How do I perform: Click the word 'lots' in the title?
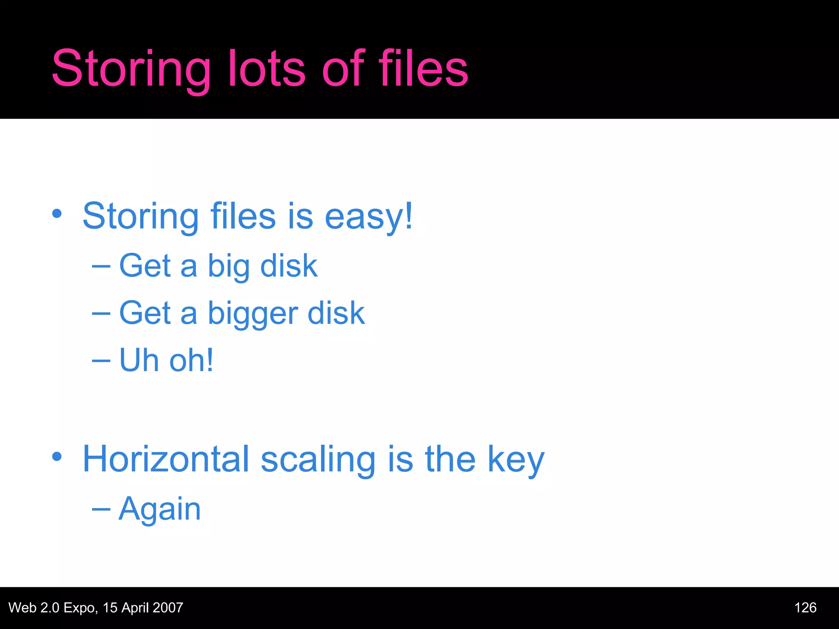(266, 69)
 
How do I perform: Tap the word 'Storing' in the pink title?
(131, 69)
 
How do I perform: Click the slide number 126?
(805, 608)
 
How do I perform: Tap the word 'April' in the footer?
(135, 608)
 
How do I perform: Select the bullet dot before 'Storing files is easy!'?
(57, 213)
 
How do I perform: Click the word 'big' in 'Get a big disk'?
(229, 267)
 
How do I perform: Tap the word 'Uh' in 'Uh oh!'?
(138, 360)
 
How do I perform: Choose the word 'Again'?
(160, 509)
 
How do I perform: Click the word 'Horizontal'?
(166, 459)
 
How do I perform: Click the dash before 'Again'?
(101, 509)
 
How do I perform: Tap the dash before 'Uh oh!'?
(101, 361)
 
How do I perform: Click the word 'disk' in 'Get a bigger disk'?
(336, 313)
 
